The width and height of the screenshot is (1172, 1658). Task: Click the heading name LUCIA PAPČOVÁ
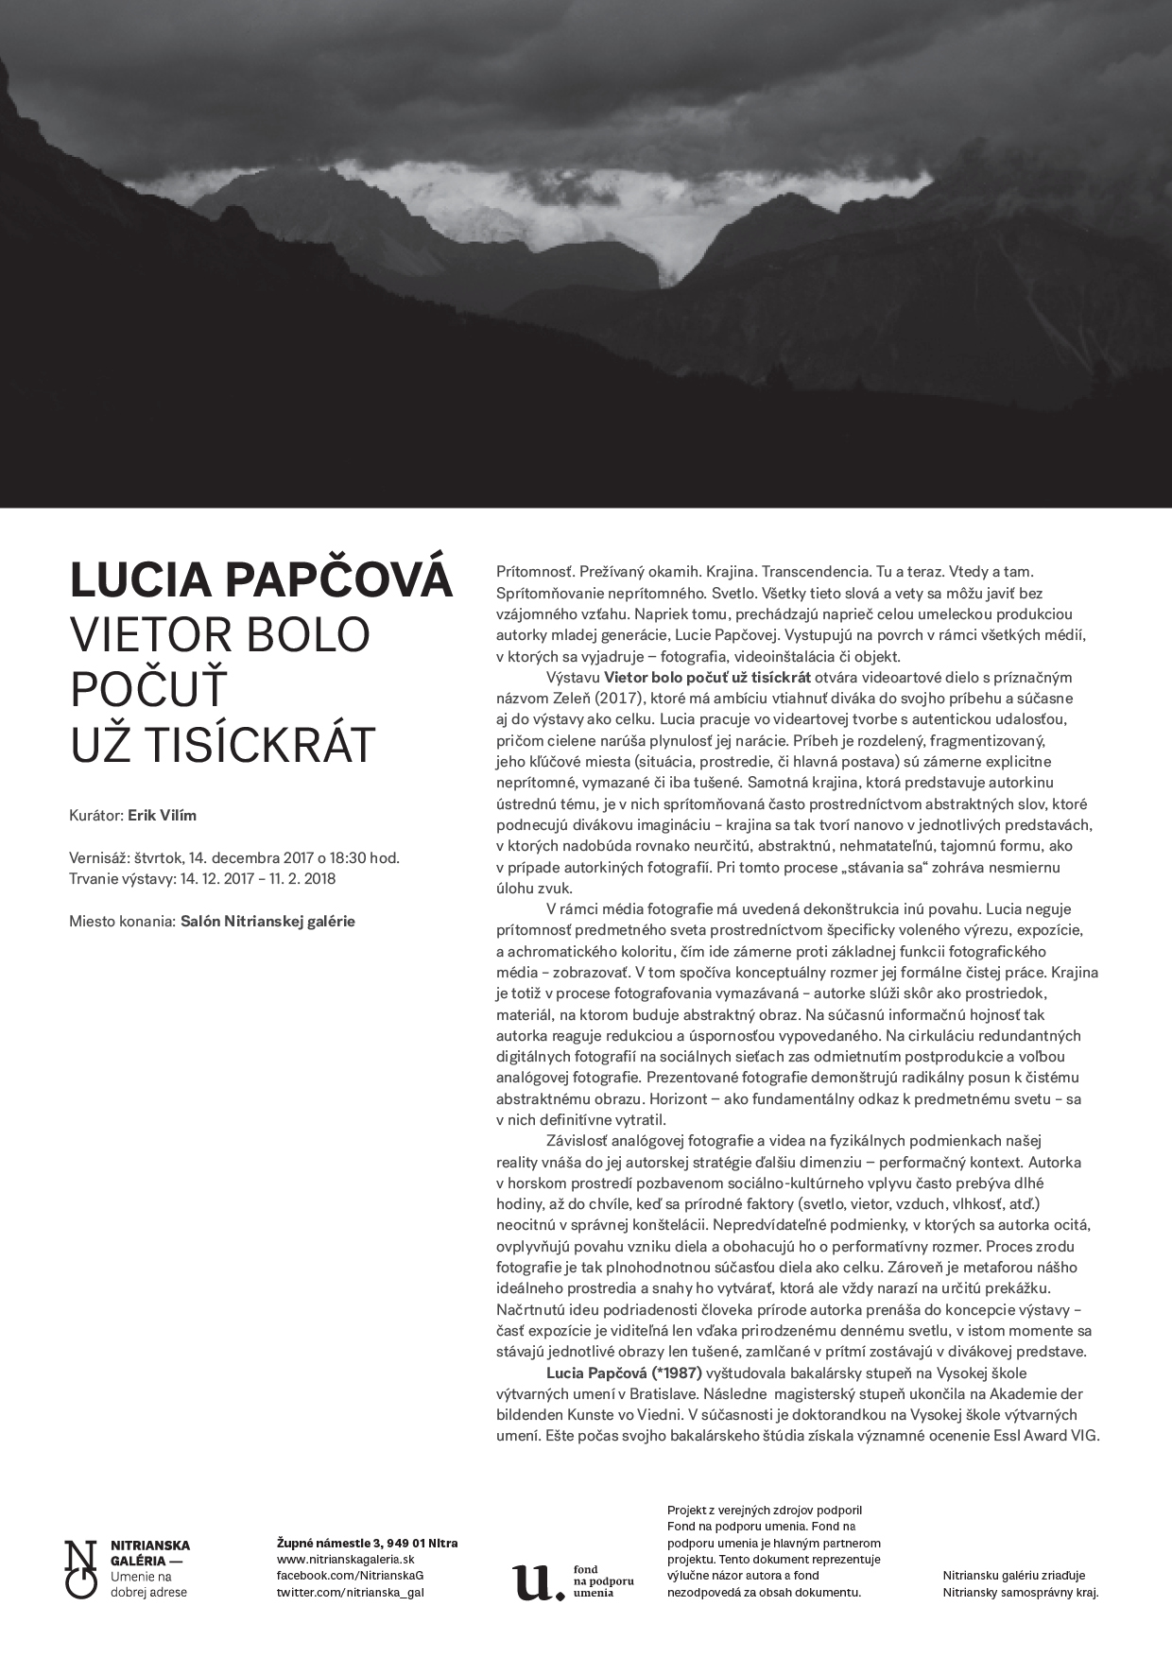pos(262,580)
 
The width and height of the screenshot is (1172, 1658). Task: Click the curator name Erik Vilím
pos(162,815)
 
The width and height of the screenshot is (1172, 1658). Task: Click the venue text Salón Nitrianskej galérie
pos(267,921)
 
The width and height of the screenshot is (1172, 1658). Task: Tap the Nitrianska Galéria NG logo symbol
pos(80,1569)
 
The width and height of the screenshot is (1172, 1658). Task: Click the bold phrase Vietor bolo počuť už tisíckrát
pos(708,677)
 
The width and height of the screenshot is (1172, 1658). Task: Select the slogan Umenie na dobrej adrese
pos(148,1584)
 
